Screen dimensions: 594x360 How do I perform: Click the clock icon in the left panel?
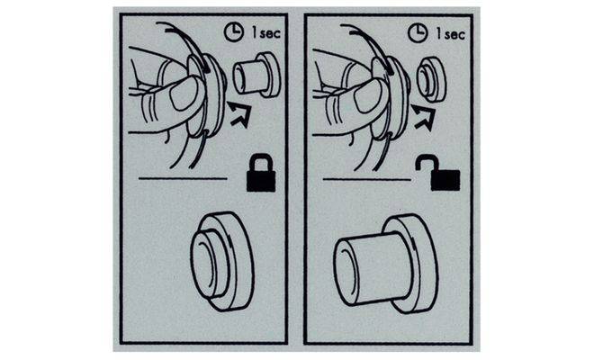pyautogui.click(x=234, y=31)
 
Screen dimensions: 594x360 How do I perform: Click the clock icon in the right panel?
pyautogui.click(x=418, y=33)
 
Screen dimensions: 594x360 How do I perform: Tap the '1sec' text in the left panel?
pyautogui.click(x=266, y=33)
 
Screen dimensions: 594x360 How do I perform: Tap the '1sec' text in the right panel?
pyautogui.click(x=450, y=34)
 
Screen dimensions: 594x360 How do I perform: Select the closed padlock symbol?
pyautogui.click(x=261, y=173)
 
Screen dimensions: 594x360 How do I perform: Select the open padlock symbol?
pyautogui.click(x=438, y=172)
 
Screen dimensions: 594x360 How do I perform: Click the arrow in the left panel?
pyautogui.click(x=239, y=114)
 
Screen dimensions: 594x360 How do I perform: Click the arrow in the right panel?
pyautogui.click(x=424, y=116)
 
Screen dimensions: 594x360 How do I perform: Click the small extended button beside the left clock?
pyautogui.click(x=256, y=75)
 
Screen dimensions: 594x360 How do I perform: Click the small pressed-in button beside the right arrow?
pyautogui.click(x=431, y=79)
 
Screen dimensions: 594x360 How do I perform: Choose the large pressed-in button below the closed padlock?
pyautogui.click(x=222, y=261)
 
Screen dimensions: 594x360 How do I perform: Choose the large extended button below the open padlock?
pyautogui.click(x=385, y=264)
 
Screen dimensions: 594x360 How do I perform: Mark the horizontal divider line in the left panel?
pyautogui.click(x=183, y=178)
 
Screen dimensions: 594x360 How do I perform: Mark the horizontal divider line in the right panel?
pyautogui.click(x=366, y=179)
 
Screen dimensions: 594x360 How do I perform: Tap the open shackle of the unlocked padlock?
pyautogui.click(x=425, y=163)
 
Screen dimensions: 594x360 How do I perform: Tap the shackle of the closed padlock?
pyautogui.click(x=261, y=161)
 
